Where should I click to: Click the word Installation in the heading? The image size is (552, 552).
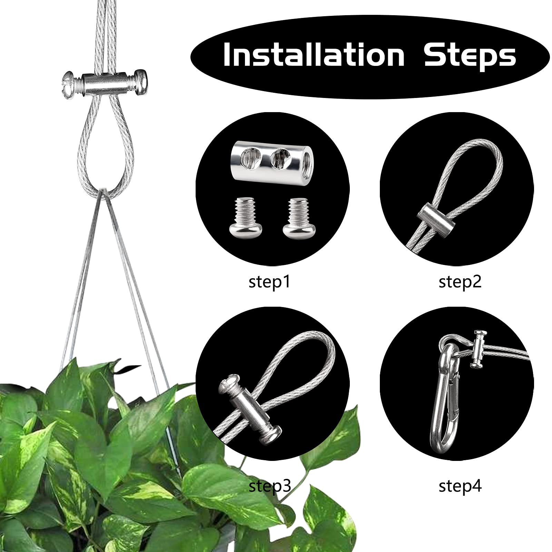314,55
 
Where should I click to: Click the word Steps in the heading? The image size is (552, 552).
470,55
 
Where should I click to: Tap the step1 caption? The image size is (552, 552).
270,282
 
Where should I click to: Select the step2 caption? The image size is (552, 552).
460,282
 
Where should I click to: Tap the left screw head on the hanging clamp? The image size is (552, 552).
71,84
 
